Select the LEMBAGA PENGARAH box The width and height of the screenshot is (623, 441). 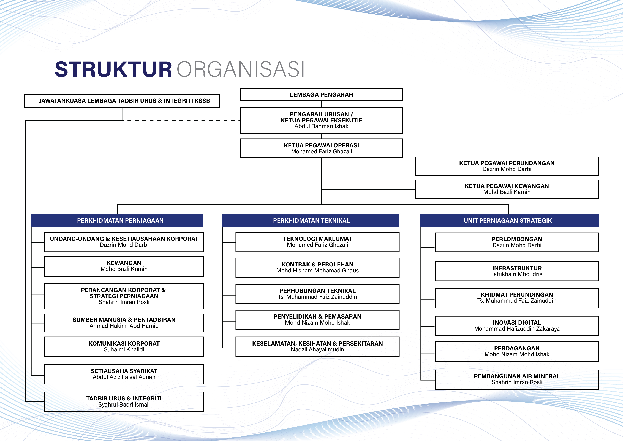tap(321, 95)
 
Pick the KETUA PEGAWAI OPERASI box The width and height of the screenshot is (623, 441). tap(321, 148)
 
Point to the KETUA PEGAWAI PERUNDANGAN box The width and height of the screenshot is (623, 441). tap(507, 166)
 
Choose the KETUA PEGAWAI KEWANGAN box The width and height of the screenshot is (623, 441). tap(507, 189)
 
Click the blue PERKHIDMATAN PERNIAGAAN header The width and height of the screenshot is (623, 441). tap(117, 221)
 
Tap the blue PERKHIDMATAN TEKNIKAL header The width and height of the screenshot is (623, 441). tap(311, 221)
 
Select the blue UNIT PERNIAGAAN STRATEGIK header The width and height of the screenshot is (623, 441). tap(509, 221)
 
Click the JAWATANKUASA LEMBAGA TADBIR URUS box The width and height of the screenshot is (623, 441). tap(122, 101)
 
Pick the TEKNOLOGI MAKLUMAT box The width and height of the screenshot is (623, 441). tap(317, 242)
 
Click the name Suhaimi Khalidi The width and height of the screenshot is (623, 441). tap(124, 349)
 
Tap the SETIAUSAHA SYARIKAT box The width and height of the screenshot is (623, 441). tap(124, 374)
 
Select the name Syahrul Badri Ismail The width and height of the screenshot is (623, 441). tap(124, 405)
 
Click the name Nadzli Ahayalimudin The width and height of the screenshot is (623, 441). tap(317, 349)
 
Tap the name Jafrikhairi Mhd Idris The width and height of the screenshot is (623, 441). tap(517, 274)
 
